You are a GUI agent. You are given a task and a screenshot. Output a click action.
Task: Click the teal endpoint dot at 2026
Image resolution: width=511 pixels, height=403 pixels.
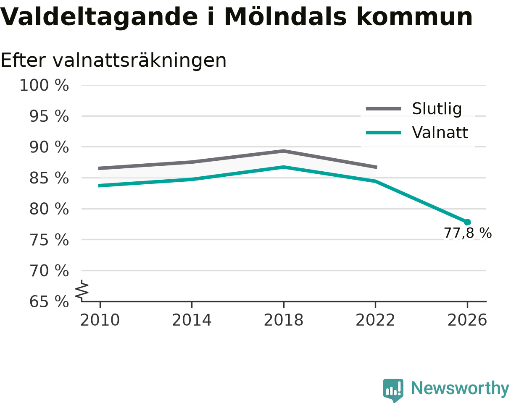coord(467,222)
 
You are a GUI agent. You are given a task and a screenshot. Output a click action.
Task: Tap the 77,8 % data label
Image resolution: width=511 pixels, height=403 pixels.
coord(468,233)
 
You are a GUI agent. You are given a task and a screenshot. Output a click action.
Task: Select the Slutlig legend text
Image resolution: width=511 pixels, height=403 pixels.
coord(437,109)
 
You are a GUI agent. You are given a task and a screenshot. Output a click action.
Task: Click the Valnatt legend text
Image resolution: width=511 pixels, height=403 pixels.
coord(440,132)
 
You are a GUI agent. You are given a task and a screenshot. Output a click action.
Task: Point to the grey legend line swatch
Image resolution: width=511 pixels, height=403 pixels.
coord(383,109)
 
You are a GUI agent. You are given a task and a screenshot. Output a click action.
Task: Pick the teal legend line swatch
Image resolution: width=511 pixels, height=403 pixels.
coord(383,133)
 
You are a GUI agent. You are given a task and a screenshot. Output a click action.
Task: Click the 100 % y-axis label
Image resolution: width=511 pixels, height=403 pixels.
coord(44,85)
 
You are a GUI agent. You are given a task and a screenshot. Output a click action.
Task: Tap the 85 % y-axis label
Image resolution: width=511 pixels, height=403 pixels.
coord(49,178)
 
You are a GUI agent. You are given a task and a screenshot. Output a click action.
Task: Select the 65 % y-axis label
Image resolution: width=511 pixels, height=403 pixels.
coord(49,302)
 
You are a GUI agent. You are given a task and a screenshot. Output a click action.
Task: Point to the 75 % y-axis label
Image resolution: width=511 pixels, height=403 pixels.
coord(49,240)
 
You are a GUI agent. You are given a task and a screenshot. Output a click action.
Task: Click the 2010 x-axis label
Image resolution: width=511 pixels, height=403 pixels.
coord(100,320)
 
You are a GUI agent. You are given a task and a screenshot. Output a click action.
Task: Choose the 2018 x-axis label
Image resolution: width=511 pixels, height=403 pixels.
coord(284,320)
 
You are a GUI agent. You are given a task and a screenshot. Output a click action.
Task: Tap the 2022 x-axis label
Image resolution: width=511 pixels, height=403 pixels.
coord(375,320)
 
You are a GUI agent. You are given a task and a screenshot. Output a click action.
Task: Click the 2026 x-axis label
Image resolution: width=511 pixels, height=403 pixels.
coord(467,320)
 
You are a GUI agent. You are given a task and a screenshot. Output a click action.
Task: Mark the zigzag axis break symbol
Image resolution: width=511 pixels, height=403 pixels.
coord(82,289)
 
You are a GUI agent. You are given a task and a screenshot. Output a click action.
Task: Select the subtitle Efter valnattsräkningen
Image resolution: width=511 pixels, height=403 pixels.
coord(113,61)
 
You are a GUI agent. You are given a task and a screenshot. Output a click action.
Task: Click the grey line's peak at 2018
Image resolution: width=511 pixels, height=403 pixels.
coord(284,151)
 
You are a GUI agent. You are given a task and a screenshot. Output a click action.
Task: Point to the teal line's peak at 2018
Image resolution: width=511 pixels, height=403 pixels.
coord(284,167)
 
